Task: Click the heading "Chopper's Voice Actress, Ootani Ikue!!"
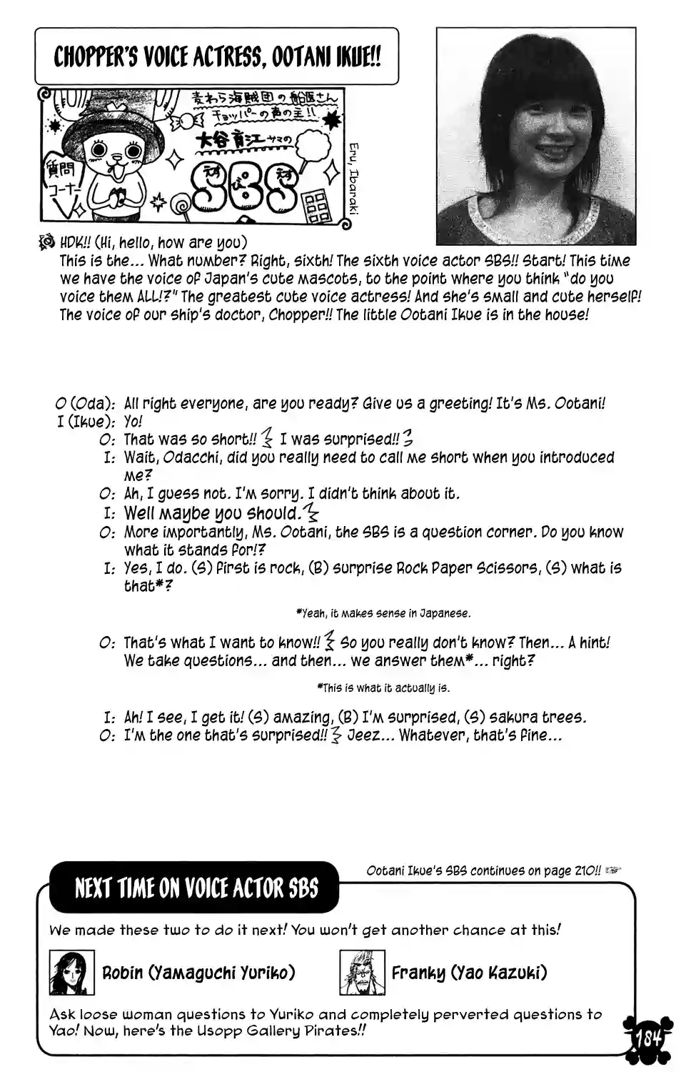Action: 216,57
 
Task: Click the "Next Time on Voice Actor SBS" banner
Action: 196,888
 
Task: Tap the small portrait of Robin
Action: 71,973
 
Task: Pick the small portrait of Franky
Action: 362,973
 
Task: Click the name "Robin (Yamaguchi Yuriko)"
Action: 198,973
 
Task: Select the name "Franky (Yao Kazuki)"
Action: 469,973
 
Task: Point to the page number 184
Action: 647,1038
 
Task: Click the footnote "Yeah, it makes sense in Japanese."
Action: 383,613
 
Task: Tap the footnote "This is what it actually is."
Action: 383,688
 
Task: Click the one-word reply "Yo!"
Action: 133,422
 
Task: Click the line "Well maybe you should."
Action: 212,512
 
